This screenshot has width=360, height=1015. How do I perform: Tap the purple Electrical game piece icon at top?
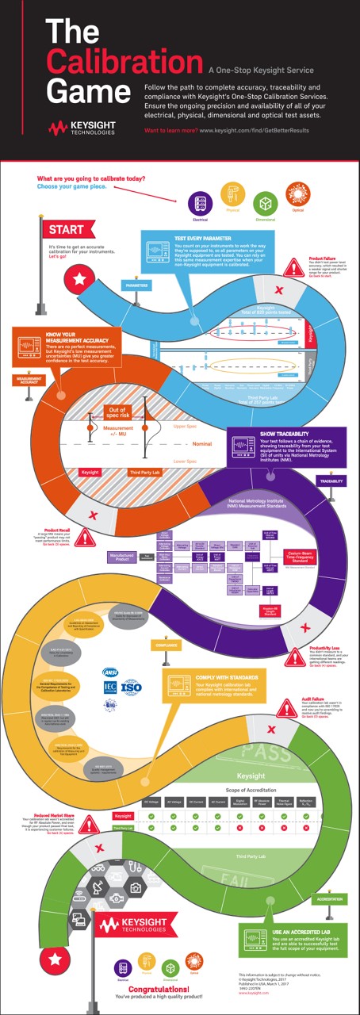[200, 202]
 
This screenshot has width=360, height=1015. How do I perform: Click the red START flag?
[66, 230]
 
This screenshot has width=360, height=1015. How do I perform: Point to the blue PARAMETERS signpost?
[136, 284]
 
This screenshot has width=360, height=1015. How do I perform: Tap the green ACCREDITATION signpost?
[330, 898]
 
